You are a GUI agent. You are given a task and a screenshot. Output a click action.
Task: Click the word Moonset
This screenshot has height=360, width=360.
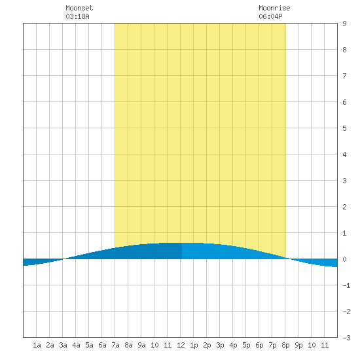(x=79, y=8)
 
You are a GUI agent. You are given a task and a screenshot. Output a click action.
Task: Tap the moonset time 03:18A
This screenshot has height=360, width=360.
(x=77, y=16)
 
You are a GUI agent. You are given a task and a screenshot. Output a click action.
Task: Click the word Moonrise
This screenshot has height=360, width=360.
(x=274, y=8)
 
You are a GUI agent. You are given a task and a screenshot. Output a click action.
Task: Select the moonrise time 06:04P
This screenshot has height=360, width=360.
(x=270, y=16)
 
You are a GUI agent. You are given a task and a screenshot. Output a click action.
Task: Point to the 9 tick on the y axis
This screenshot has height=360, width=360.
(x=344, y=24)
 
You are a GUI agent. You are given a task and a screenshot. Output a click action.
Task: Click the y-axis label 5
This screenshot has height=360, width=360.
(x=344, y=128)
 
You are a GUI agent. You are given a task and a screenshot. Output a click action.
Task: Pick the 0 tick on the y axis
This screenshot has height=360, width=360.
(x=344, y=259)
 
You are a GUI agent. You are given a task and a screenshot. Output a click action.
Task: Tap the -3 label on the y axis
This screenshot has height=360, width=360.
(x=346, y=338)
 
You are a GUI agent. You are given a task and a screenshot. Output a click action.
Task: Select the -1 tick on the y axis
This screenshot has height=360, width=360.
(x=346, y=285)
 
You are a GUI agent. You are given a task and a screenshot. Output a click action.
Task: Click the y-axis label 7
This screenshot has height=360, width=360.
(x=344, y=76)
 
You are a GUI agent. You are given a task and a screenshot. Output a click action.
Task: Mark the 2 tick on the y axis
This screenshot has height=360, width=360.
(x=344, y=207)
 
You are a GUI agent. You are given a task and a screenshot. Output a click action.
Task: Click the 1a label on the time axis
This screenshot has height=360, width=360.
(x=37, y=345)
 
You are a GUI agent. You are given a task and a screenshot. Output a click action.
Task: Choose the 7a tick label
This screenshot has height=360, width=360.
(x=115, y=345)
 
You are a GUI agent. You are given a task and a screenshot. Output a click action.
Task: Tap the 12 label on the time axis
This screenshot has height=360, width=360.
(x=181, y=345)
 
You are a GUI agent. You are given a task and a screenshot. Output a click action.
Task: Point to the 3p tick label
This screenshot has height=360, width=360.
(x=220, y=345)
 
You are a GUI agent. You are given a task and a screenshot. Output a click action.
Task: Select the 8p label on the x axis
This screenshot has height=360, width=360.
(x=285, y=345)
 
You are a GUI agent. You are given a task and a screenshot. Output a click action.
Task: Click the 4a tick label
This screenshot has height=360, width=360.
(x=76, y=345)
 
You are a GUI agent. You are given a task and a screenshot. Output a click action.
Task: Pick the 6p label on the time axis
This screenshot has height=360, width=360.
(x=259, y=345)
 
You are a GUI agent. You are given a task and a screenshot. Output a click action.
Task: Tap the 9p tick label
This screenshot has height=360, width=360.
(x=298, y=345)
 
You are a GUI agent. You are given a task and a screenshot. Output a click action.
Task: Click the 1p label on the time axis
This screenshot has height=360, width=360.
(x=194, y=345)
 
